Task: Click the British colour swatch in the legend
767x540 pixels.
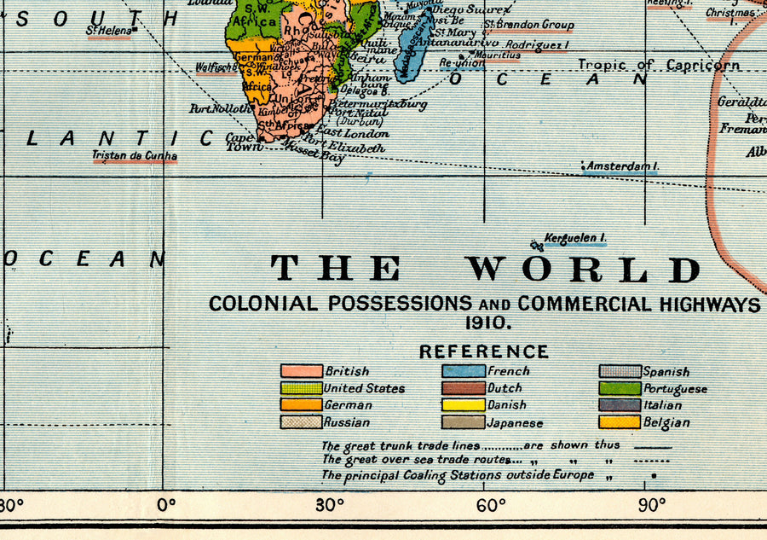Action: click(302, 371)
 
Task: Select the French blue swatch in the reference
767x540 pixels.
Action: click(463, 371)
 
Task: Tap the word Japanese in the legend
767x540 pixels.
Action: click(515, 422)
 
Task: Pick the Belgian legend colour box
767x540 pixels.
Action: click(620, 421)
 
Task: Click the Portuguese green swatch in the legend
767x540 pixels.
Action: click(620, 388)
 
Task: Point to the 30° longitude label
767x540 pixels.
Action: click(330, 503)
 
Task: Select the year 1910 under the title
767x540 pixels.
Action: click(487, 322)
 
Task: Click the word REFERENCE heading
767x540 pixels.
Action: click(484, 351)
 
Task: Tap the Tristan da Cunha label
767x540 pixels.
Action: click(136, 155)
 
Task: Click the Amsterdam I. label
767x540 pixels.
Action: click(621, 166)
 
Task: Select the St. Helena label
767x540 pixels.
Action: click(108, 31)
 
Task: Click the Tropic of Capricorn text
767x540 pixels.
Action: click(659, 65)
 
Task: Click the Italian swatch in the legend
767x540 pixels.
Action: click(620, 405)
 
